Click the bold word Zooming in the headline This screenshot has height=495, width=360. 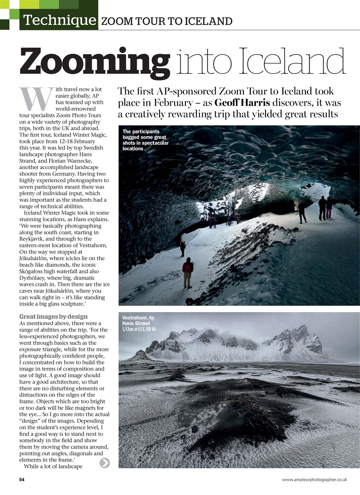[x=95, y=61]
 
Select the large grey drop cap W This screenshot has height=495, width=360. [x=36, y=99]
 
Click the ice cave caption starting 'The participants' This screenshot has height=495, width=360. [x=146, y=140]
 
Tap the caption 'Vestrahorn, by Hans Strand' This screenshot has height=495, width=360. [x=138, y=320]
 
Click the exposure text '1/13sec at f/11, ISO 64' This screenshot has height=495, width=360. [x=139, y=329]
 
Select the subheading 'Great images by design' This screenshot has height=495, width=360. [x=53, y=316]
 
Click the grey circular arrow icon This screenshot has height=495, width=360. [x=105, y=463]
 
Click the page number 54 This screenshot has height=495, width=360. [x=22, y=480]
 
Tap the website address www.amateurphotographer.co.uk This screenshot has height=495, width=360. [x=314, y=480]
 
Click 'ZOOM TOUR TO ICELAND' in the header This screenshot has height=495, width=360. [x=166, y=21]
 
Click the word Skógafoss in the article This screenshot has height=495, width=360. [x=33, y=271]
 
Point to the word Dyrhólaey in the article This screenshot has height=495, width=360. [x=33, y=278]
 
